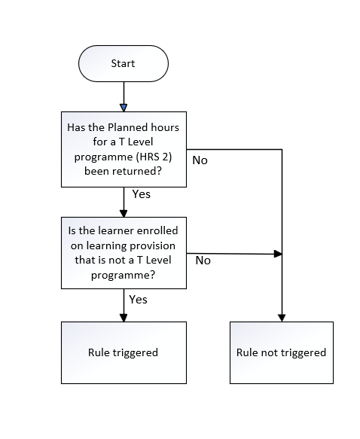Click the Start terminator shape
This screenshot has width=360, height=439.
click(124, 63)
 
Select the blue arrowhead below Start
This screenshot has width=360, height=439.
click(124, 108)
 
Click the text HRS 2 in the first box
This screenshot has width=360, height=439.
click(154, 157)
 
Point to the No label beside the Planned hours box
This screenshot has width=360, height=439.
click(200, 160)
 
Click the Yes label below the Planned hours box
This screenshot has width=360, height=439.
click(142, 194)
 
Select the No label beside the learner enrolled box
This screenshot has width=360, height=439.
click(203, 261)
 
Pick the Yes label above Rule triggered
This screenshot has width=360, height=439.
click(138, 300)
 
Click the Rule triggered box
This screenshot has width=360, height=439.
click(124, 352)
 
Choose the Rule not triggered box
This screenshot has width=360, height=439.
click(282, 352)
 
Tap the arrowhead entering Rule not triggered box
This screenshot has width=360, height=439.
click(282, 318)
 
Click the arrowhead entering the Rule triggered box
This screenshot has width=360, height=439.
click(124, 318)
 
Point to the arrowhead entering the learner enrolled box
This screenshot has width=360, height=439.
click(124, 213)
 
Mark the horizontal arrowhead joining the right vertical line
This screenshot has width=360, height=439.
click(278, 254)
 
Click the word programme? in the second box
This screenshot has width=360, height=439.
click(123, 275)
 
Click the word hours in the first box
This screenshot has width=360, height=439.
click(165, 127)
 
